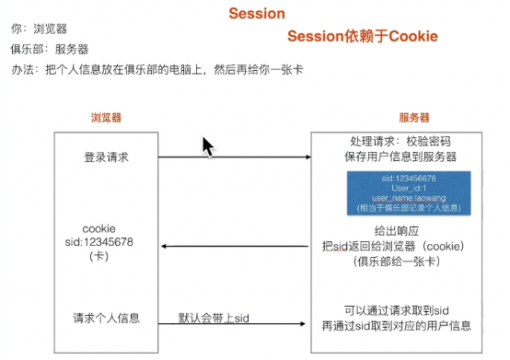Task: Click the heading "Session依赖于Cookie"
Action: click(x=363, y=37)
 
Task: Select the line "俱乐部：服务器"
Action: click(x=50, y=48)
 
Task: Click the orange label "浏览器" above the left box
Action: click(x=107, y=118)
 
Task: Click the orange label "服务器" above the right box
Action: click(x=413, y=118)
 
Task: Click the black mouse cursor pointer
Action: click(x=209, y=146)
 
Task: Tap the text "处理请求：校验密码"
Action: click(x=402, y=142)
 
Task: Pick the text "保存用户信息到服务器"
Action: click(x=402, y=157)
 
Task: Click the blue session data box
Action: click(x=401, y=192)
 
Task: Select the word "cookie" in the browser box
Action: click(x=99, y=227)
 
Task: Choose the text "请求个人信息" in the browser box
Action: click(x=106, y=319)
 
